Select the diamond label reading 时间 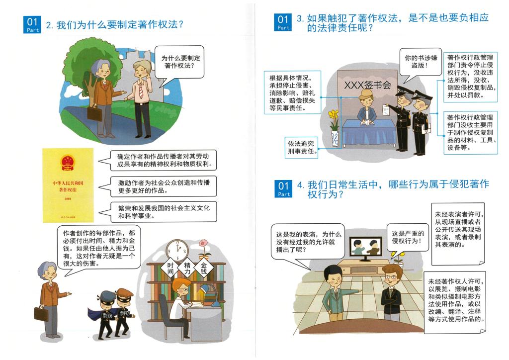point(170,269)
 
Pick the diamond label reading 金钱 point(203,268)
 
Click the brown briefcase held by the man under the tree point(95,113)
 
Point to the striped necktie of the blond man point(141,90)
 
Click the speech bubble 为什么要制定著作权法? point(179,62)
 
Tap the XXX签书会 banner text point(367,85)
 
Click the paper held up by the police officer point(386,110)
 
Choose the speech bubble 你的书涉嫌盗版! point(420,63)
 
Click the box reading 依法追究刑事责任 point(301,147)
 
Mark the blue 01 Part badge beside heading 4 point(283,189)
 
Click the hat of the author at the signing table point(366,94)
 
